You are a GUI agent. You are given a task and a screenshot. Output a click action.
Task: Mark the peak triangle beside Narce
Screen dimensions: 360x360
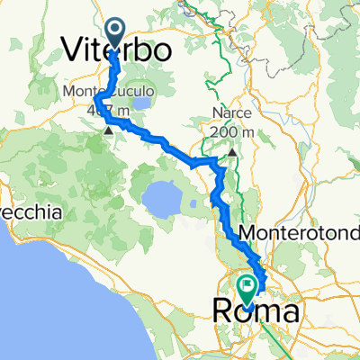coord(232,152)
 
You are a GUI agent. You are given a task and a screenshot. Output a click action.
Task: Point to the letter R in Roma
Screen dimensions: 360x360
coord(222,311)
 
